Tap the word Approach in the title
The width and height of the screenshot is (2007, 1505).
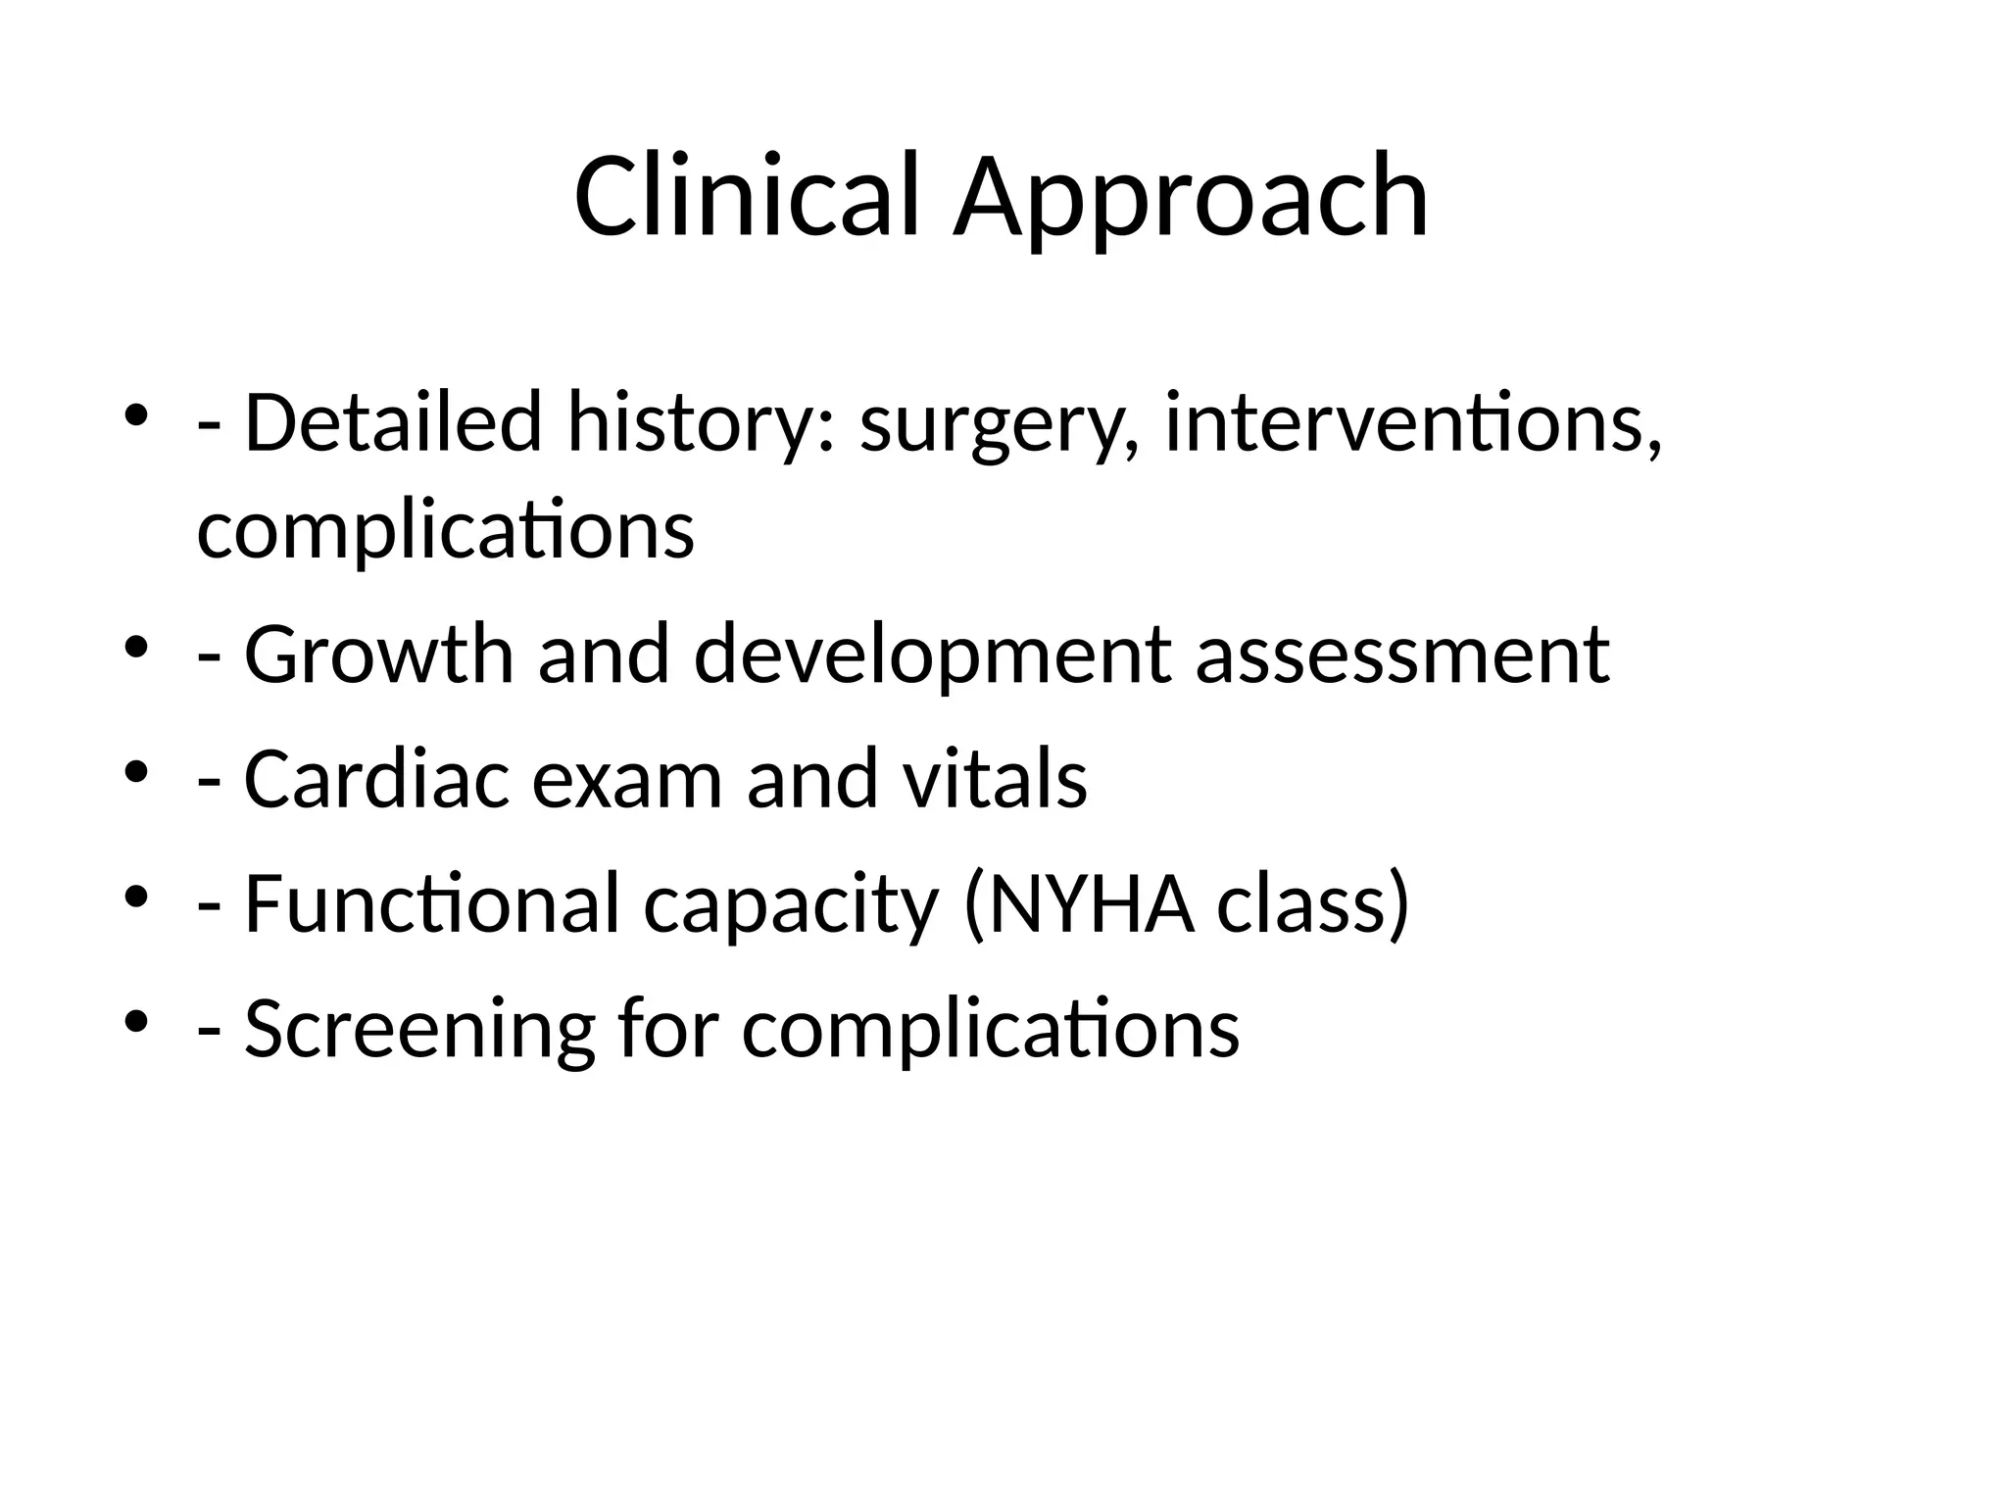click(1191, 201)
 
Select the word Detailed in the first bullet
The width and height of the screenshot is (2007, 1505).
click(392, 422)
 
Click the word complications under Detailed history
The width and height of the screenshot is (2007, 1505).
click(446, 531)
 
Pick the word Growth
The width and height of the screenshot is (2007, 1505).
click(378, 655)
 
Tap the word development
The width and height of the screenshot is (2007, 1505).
click(932, 656)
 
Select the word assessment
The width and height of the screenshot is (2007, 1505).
click(1402, 656)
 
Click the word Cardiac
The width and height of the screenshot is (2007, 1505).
click(377, 779)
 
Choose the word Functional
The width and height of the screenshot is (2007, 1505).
click(431, 903)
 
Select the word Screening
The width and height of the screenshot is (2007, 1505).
click(419, 1031)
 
